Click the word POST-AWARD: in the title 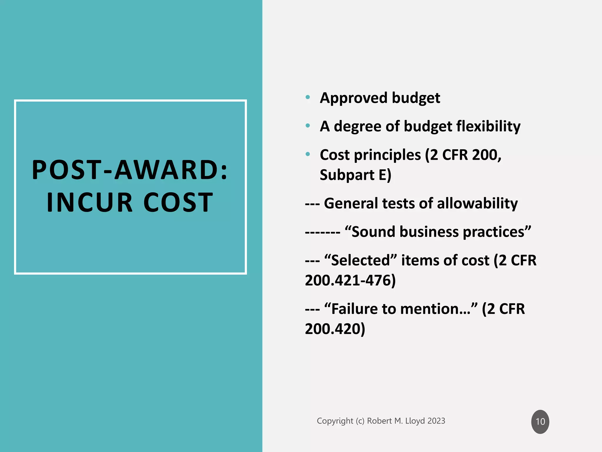coord(130,170)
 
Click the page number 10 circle coord(540,421)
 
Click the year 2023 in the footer coord(436,421)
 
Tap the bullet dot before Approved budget coord(308,97)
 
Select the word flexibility coord(488,127)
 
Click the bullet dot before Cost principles coord(308,154)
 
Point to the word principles coord(387,155)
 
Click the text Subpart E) coord(355,175)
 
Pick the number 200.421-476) coord(350,280)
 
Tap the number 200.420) coord(335,329)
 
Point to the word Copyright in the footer coord(335,421)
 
